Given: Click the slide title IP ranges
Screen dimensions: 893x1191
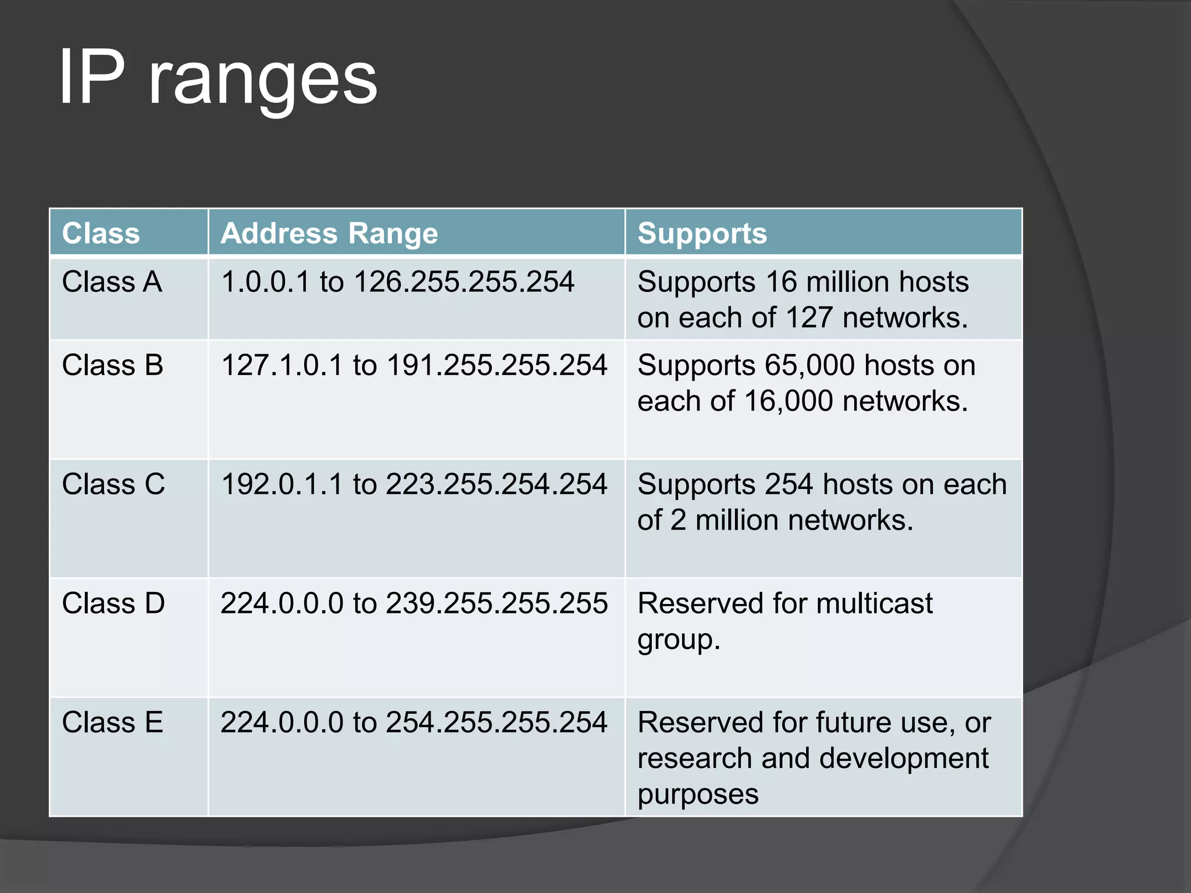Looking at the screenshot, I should point(218,78).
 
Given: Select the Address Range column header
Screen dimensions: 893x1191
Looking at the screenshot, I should point(329,234).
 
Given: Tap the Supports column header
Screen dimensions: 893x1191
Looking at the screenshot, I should point(702,234).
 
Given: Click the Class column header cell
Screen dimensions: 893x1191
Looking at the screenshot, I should point(101,234).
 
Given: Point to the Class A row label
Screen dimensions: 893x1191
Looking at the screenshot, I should point(112,282).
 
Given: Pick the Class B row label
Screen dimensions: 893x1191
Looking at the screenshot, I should point(113,366).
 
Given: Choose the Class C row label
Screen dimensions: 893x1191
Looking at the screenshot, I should point(113,484).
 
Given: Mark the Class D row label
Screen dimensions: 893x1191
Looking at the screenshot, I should point(113,603).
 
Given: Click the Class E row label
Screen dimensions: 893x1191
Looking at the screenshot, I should point(113,723).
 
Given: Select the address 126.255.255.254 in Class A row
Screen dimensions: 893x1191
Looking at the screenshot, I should point(464,282).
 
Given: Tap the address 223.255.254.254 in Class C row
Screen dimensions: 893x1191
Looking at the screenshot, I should point(497,484).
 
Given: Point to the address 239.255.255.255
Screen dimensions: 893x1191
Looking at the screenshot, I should point(497,603).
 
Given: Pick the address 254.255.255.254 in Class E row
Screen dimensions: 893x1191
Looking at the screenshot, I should point(497,723).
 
